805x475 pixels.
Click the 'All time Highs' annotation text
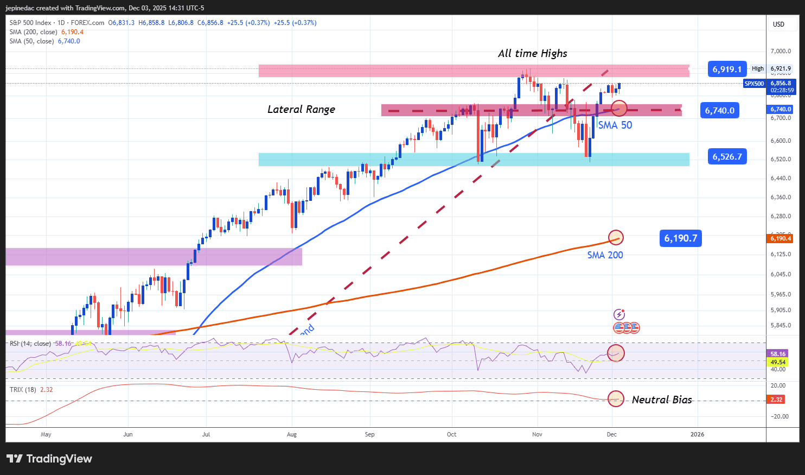point(532,53)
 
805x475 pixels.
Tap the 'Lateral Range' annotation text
point(301,109)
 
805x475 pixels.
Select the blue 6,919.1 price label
point(727,69)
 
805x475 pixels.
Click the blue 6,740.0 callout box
point(719,110)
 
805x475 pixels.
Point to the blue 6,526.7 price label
point(727,156)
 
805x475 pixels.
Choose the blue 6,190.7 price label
point(680,238)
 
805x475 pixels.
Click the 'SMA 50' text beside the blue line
point(615,125)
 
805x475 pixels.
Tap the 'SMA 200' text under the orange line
point(605,255)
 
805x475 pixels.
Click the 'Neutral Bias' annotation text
point(662,400)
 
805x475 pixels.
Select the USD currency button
point(778,24)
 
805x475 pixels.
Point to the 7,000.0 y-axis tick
point(781,51)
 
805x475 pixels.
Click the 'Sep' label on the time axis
point(369,434)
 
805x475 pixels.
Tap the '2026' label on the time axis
point(697,434)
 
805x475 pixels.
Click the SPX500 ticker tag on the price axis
point(754,84)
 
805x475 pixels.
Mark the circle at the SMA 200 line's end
point(615,237)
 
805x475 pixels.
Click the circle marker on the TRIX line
point(615,398)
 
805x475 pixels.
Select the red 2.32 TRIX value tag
point(776,400)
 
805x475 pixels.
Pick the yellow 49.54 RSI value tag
point(778,362)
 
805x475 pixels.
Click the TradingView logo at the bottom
point(49,459)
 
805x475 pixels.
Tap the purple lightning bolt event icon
point(619,314)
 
